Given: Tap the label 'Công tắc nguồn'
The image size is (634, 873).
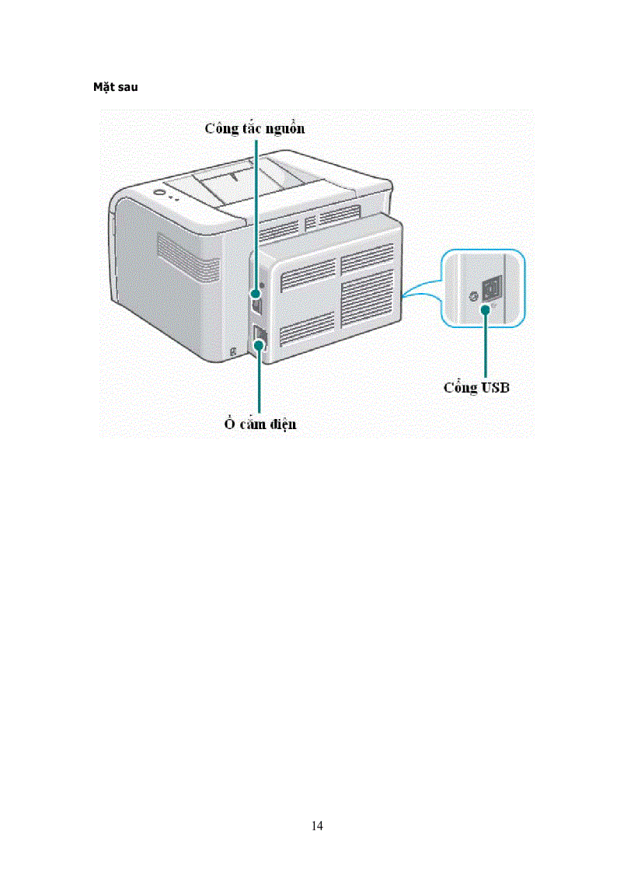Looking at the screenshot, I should point(255,128).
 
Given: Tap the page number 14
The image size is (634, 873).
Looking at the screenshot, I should point(317,826).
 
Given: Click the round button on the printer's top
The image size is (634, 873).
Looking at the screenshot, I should point(159,193).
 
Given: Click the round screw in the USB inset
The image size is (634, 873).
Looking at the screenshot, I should point(471,297).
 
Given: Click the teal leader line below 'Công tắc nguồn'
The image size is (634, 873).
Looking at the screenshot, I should point(253,210).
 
